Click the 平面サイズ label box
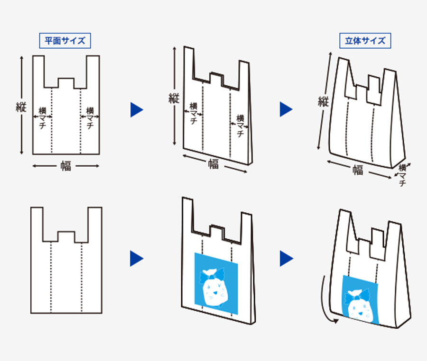click(x=65, y=41)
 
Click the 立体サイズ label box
click(x=365, y=41)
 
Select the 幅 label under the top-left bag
click(x=66, y=166)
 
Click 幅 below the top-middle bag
click(x=213, y=164)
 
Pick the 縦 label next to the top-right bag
click(x=324, y=101)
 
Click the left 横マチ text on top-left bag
click(x=42, y=118)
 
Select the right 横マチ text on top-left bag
click(x=90, y=118)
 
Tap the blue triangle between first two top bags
click(x=136, y=109)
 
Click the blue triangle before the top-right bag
click(x=286, y=109)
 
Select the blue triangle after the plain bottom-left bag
click(x=136, y=258)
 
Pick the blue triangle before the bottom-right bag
click(x=286, y=258)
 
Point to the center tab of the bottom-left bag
click(x=66, y=236)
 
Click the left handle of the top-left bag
click(x=38, y=71)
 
